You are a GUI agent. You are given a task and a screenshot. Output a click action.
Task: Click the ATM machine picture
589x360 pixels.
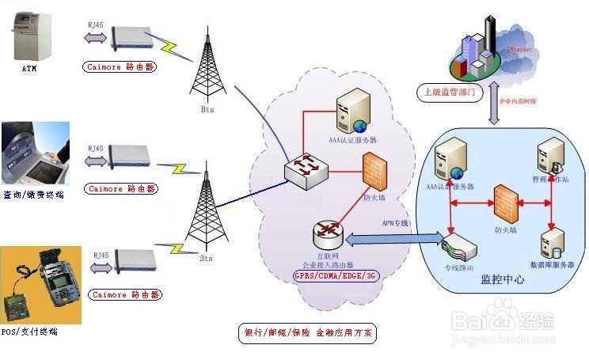point(31,35)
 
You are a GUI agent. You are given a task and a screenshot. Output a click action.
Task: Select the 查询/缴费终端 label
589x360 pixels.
point(32,195)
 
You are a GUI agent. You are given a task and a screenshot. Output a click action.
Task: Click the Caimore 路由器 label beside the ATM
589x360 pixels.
point(120,67)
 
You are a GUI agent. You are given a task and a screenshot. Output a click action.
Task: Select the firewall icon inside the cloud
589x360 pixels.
point(374,170)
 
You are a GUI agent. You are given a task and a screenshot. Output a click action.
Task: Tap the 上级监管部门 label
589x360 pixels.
point(449,92)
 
